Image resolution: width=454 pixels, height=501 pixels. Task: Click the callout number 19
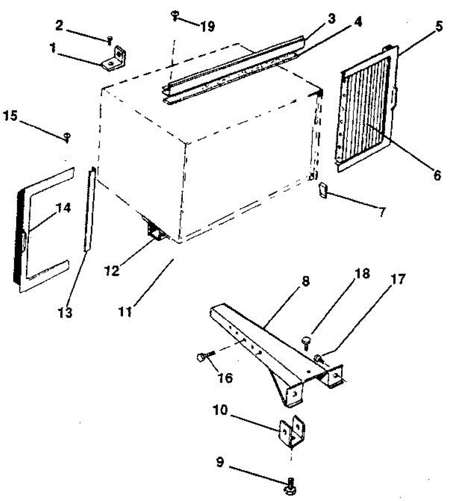click(207, 27)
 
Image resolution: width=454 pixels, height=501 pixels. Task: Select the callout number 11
click(125, 311)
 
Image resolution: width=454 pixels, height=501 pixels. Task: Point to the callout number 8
click(306, 281)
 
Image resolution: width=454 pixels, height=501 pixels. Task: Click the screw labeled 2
click(109, 40)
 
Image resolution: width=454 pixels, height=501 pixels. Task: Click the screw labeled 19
click(175, 16)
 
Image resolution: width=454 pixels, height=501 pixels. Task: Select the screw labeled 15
click(67, 136)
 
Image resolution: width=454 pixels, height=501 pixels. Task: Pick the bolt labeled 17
click(319, 358)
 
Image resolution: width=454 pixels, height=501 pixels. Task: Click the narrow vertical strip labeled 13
click(89, 209)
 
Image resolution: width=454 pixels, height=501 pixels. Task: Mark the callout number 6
click(437, 175)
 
